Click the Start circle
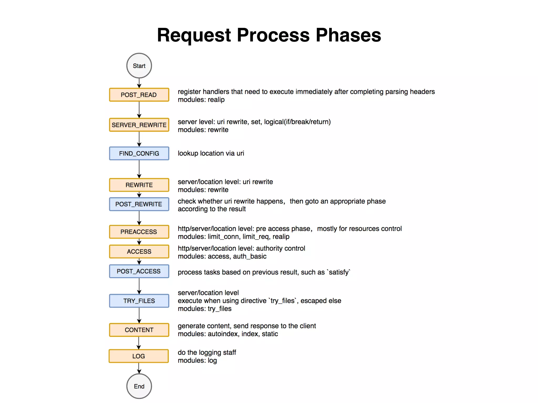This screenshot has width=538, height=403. coord(139,66)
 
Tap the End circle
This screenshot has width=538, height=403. coord(139,386)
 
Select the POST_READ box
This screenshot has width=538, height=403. coord(139,95)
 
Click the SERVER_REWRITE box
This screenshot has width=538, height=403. coord(139,125)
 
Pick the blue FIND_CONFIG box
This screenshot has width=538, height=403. coord(139,153)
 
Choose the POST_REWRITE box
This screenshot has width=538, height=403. coord(139,204)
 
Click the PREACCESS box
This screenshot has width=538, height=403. coord(139,232)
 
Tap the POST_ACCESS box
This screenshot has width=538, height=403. coord(139,271)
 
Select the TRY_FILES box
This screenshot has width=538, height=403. coord(139,301)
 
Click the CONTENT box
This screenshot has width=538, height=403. coord(139,330)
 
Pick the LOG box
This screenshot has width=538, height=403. coord(138,356)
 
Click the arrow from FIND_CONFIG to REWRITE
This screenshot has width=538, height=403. coord(139,169)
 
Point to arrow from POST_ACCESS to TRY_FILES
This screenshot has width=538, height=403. coord(139,286)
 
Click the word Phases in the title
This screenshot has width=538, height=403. coord(348,35)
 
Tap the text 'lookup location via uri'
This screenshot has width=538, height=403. coord(211,153)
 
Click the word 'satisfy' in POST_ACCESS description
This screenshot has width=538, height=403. coord(339,272)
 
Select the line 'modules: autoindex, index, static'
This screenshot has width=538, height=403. coord(227,334)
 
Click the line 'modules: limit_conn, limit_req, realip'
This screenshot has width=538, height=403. coord(233,237)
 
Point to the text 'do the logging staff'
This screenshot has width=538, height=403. coord(207,352)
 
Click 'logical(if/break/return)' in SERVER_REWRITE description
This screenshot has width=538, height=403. coord(297,122)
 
